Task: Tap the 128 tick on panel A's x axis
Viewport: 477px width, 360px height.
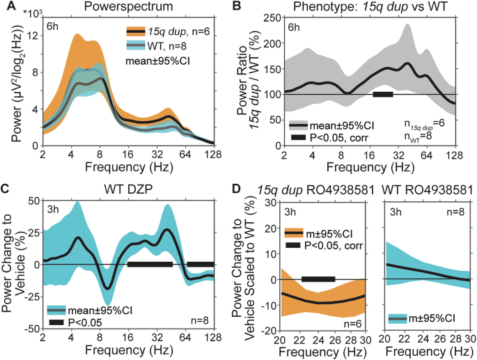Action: click(x=213, y=152)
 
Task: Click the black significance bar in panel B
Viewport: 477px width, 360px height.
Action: click(x=383, y=94)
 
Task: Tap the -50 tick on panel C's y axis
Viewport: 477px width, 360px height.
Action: click(x=31, y=327)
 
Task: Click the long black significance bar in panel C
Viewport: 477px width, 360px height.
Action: click(x=150, y=264)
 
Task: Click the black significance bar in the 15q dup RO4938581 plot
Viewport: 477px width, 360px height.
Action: click(x=318, y=279)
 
